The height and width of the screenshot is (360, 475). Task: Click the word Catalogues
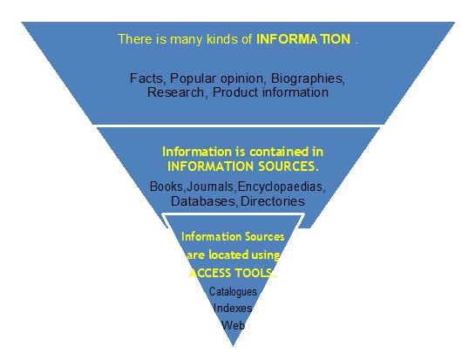tap(233, 291)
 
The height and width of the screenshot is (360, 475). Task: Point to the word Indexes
tap(233, 308)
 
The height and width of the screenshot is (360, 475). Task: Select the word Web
tap(233, 324)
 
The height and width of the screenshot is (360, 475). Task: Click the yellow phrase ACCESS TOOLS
tap(234, 273)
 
